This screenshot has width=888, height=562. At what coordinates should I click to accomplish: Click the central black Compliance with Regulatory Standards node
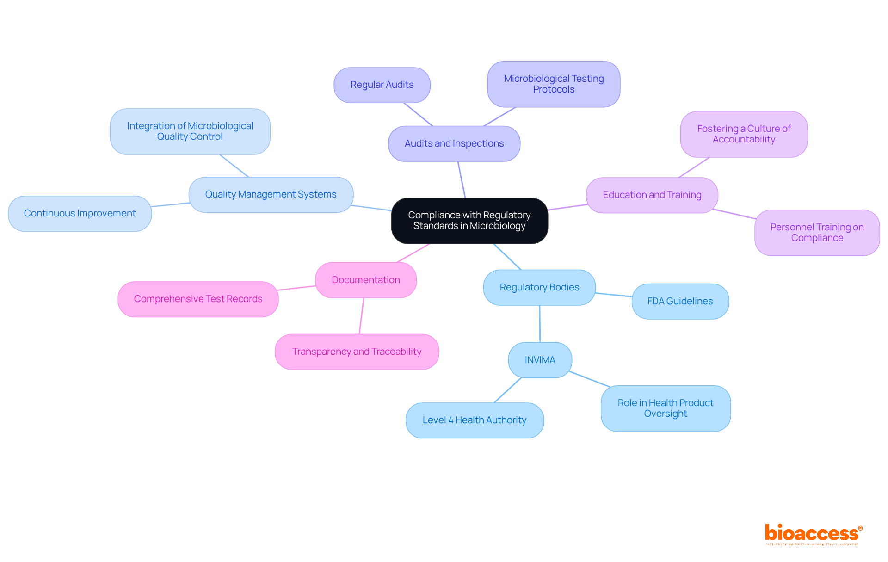(x=469, y=221)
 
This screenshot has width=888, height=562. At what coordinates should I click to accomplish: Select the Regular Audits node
(x=382, y=85)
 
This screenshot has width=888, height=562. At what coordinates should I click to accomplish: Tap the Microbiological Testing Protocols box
(x=554, y=84)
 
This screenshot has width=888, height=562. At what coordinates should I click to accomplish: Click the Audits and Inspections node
(x=454, y=144)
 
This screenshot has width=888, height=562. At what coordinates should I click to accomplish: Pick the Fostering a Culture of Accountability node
(x=744, y=134)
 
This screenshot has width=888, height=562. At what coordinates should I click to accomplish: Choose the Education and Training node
(x=652, y=195)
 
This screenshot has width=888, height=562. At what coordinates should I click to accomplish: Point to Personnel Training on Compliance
(x=817, y=233)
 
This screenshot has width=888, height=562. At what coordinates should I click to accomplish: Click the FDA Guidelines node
(x=680, y=302)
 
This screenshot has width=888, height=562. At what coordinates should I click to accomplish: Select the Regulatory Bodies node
(x=539, y=288)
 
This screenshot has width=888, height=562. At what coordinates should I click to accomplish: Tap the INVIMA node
(x=540, y=360)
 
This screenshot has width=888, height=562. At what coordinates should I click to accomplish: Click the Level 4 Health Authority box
(x=475, y=420)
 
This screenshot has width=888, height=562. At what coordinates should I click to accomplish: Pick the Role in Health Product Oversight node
(x=666, y=408)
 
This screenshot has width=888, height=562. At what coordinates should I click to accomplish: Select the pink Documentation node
(x=366, y=280)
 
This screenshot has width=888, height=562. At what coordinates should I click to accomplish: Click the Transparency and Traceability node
(x=357, y=352)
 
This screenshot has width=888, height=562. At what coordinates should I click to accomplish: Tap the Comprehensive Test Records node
(x=198, y=299)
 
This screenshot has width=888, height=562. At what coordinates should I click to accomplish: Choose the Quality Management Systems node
(x=271, y=195)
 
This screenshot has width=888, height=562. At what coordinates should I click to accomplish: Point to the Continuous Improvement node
(x=80, y=214)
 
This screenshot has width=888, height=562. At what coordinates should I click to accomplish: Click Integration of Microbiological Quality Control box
(x=190, y=131)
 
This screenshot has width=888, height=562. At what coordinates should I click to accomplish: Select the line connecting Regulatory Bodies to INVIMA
(x=540, y=324)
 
